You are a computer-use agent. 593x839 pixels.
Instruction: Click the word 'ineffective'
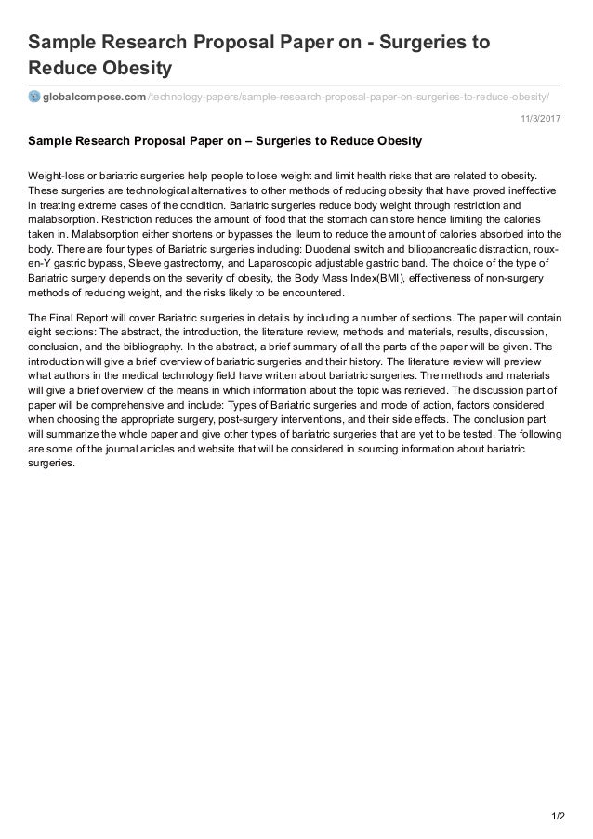pos(533,191)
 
